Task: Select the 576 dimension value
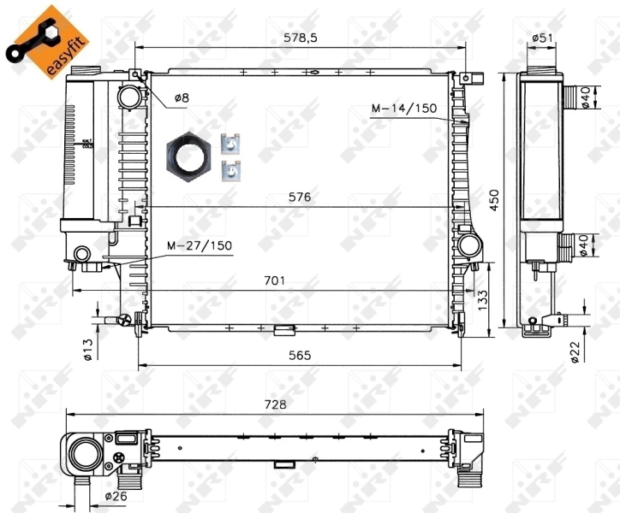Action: [299, 197]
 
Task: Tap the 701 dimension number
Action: [275, 280]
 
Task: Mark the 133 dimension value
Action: [483, 298]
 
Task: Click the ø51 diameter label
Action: [540, 38]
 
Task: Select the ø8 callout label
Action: [182, 98]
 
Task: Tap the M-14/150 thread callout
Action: [403, 109]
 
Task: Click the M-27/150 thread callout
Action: [199, 245]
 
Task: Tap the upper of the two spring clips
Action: [230, 144]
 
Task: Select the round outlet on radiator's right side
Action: [469, 246]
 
